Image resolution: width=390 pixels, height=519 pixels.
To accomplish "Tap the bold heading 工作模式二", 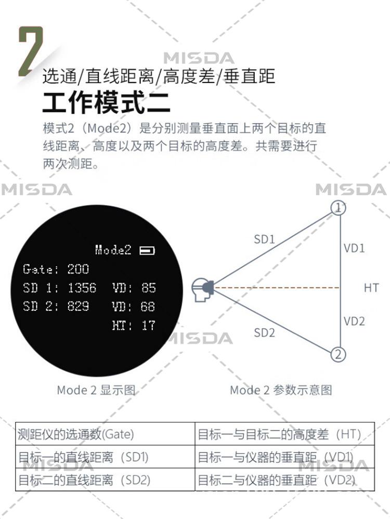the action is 106,102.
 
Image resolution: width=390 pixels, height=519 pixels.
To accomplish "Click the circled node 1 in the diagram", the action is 339,208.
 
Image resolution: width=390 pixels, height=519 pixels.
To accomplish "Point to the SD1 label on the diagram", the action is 264,239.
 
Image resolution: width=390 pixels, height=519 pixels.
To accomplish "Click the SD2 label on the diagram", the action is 264,333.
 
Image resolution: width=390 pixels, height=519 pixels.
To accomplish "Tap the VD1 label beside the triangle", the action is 354,248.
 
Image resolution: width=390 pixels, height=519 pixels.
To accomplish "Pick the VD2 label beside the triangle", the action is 354,321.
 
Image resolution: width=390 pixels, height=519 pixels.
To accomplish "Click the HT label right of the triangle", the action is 371,288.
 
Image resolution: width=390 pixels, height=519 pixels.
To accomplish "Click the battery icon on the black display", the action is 147,251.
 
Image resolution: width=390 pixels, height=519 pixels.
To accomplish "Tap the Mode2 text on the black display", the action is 113,250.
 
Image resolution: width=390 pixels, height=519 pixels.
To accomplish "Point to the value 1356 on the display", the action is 82,288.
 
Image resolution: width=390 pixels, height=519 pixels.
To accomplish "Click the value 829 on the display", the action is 78,307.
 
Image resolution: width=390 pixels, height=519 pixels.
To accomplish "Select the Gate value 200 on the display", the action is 78,269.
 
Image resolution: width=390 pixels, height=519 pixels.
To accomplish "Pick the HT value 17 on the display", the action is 148,326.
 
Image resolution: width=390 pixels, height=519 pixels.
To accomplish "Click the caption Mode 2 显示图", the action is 96,390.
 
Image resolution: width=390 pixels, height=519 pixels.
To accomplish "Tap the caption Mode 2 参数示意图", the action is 281,390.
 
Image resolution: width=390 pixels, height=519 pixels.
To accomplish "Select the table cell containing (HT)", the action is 284,434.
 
